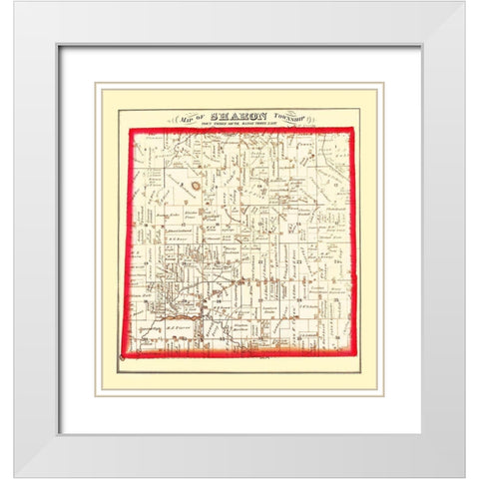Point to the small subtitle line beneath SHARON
239,123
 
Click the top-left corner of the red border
131,129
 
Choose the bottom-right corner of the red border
356,353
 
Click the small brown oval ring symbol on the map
197,185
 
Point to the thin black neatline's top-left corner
119,109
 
